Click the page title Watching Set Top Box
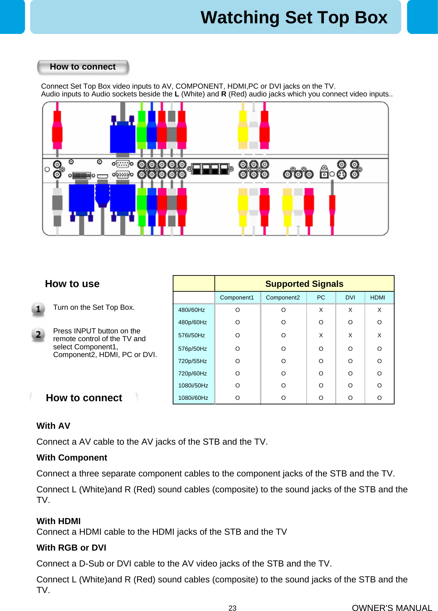pyautogui.click(x=294, y=18)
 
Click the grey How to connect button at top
pyautogui.click(x=83, y=67)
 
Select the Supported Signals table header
pyautogui.click(x=304, y=284)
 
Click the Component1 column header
pyautogui.click(x=237, y=298)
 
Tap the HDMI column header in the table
pyautogui.click(x=378, y=298)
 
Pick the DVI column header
pyautogui.click(x=350, y=298)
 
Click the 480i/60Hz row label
pyautogui.click(x=191, y=310)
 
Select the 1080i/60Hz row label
pyautogui.click(x=193, y=398)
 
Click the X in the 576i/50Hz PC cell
pyautogui.click(x=321, y=336)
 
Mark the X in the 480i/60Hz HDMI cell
pyautogui.click(x=379, y=310)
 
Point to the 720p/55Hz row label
pyautogui.click(x=193, y=361)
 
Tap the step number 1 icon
pyautogui.click(x=38, y=309)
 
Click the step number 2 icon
pyautogui.click(x=38, y=334)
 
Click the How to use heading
pyautogui.click(x=72, y=284)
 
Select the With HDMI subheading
pyautogui.click(x=59, y=521)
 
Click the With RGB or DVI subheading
pyautogui.click(x=71, y=548)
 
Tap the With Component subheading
pyautogui.click(x=72, y=458)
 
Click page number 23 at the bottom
pyautogui.click(x=232, y=608)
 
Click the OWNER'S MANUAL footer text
pyautogui.click(x=392, y=608)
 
